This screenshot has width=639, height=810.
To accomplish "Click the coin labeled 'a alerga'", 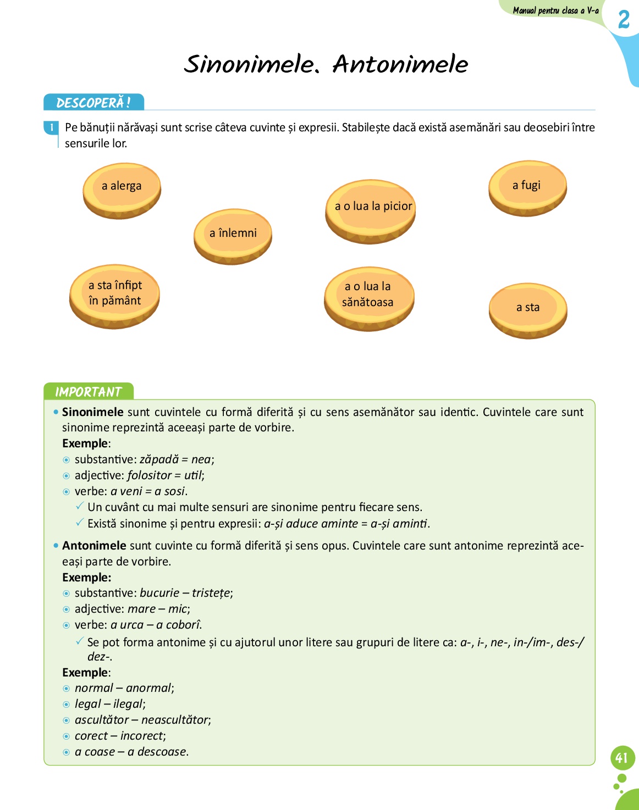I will coord(122,190).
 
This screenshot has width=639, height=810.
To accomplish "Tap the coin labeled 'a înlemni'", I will coord(233,236).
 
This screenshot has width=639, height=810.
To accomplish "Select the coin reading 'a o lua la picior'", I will coord(370,210).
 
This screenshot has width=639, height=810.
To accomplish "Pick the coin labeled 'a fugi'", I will coord(527,188).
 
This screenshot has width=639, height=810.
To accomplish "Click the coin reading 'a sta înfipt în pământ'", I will coord(114,296).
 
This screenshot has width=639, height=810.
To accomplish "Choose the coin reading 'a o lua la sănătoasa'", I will coord(368,298).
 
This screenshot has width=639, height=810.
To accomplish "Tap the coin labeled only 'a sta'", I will coord(528,310).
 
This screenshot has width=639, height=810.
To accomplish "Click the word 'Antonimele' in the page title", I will coord(400,64).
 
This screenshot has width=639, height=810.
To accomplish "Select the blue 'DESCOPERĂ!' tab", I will coord(93,103).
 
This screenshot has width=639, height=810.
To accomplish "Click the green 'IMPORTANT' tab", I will coord(88,391).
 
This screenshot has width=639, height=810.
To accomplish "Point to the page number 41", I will coord(622,758).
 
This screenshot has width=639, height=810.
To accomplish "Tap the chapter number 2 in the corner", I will coord(624,20).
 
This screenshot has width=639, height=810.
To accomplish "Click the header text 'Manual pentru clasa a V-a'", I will coord(555,10).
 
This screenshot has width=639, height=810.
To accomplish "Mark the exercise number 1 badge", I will coord(52,127).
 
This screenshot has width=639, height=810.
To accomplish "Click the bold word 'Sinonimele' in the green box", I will coord(92,412).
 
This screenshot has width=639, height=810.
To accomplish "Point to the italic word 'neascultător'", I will coord(175,720).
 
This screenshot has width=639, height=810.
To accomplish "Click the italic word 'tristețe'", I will coord(211,593).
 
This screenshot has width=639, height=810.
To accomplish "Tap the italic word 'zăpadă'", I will coord(159,459).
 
